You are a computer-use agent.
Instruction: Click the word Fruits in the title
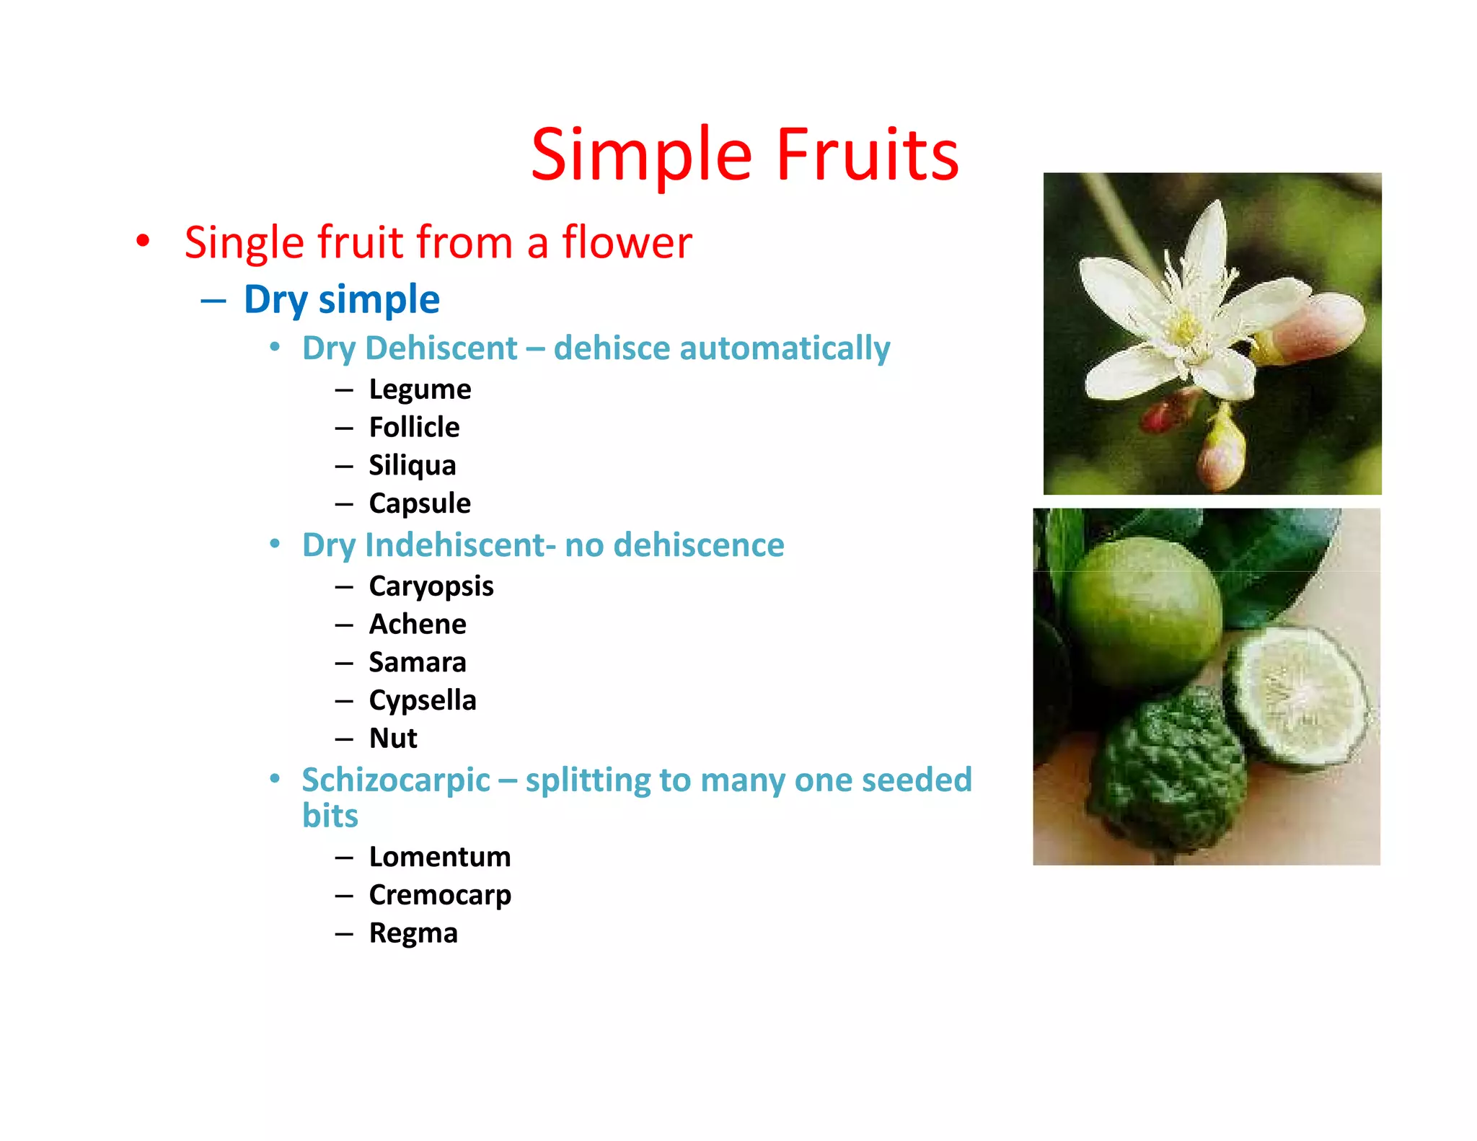click(867, 155)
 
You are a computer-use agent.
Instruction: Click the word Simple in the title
click(642, 155)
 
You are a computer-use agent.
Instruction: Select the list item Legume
click(420, 389)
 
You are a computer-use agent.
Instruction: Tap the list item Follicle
click(414, 427)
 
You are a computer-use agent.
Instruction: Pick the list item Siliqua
click(413, 465)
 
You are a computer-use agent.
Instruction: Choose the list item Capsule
click(420, 503)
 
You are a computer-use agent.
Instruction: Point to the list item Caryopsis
click(431, 586)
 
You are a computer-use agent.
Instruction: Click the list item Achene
click(418, 624)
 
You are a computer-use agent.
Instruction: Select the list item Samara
click(418, 662)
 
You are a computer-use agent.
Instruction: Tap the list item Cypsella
click(423, 700)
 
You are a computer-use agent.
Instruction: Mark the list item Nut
click(393, 739)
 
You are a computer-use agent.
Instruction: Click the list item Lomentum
click(440, 857)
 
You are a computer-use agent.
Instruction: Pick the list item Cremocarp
click(440, 895)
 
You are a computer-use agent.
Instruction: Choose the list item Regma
click(413, 933)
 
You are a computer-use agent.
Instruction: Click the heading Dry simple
click(342, 299)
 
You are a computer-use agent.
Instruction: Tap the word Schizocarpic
click(396, 780)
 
